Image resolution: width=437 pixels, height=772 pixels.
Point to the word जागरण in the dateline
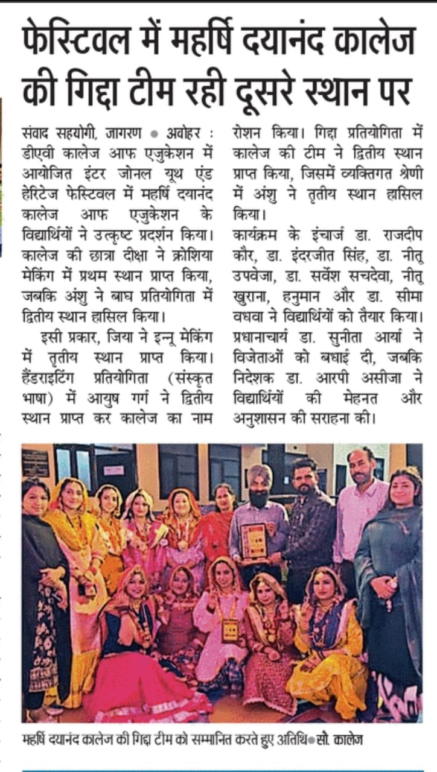[x=124, y=132]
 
